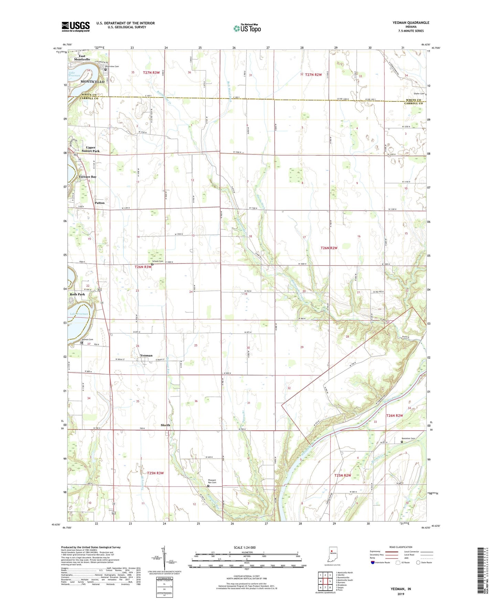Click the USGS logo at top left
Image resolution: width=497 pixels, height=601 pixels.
point(75,27)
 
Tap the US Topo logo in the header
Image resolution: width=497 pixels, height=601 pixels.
point(247,28)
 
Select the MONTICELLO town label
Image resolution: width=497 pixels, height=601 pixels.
point(92,82)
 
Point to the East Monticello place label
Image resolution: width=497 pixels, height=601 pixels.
point(82,57)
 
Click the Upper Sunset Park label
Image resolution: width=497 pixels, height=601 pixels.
point(90,149)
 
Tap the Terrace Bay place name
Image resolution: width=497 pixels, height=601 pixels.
point(87,177)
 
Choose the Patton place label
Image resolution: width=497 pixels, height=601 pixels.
point(99,203)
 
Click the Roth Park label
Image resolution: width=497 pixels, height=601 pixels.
point(77,294)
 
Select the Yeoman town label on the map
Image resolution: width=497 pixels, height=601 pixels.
point(146,356)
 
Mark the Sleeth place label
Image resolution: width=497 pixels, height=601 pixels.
point(165,425)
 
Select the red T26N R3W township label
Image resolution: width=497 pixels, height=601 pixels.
point(143,267)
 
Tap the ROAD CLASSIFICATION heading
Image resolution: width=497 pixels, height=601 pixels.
point(400,547)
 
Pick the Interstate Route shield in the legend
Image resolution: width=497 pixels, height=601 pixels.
point(372,562)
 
